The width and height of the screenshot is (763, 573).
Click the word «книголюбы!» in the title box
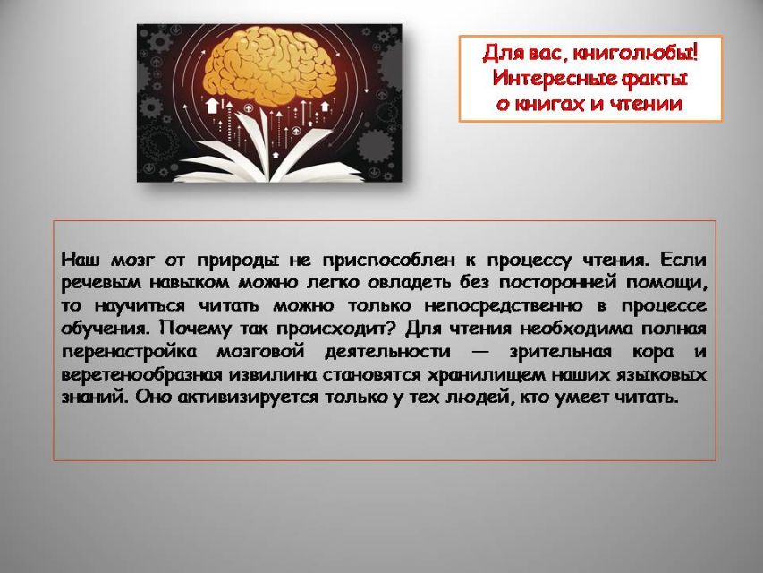(635, 53)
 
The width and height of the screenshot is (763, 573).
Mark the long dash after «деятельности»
(481, 352)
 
